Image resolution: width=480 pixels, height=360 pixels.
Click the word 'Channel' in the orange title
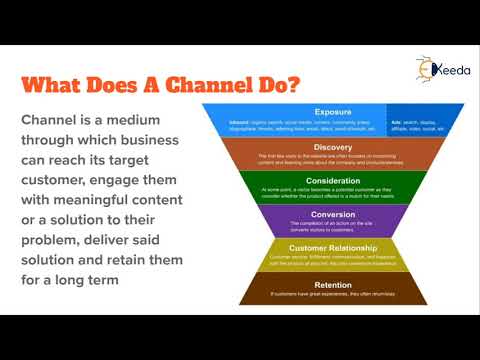(x=171, y=83)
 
